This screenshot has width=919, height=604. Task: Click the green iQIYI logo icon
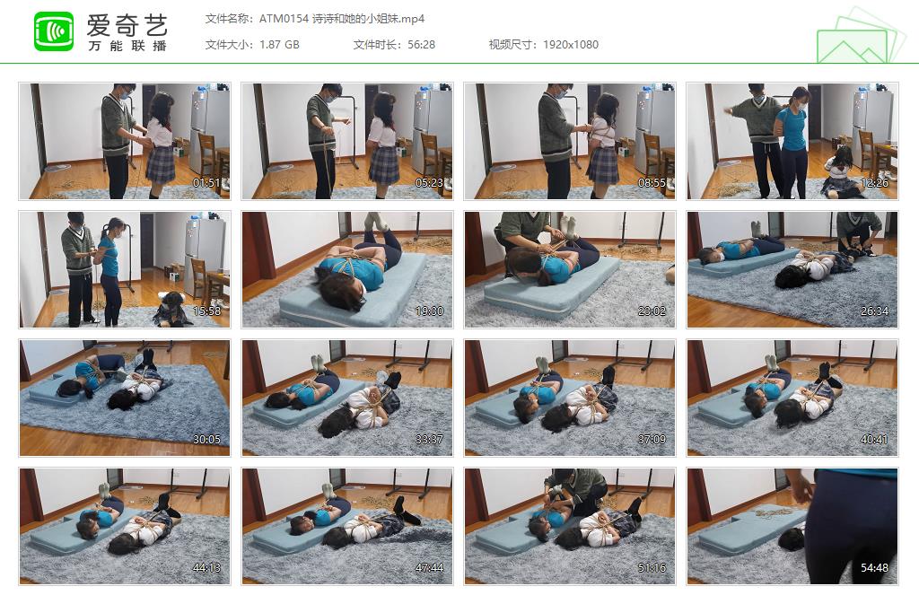(54, 31)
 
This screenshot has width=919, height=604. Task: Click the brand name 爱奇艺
(127, 25)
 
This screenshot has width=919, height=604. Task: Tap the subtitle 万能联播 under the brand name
(127, 46)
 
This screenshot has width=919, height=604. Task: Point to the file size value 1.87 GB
(279, 45)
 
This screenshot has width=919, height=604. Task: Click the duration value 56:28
(422, 45)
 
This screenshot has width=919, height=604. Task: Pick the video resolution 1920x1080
(570, 45)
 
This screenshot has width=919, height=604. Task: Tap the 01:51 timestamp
(206, 183)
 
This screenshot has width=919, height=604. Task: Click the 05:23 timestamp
(429, 183)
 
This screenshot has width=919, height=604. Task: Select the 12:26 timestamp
(874, 183)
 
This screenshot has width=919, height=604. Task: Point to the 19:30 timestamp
(429, 311)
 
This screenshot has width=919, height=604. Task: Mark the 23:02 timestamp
(652, 311)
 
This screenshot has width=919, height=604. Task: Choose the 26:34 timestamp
(874, 311)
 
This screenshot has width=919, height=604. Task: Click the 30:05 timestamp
(206, 440)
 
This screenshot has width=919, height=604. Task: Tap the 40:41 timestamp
(874, 440)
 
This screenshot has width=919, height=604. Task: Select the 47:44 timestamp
(429, 568)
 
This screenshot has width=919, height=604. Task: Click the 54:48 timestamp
(874, 568)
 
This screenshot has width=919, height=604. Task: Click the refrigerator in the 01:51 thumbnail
(208, 131)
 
